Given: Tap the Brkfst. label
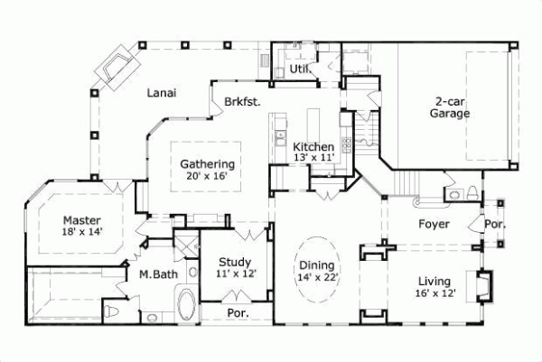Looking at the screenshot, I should click(243, 102).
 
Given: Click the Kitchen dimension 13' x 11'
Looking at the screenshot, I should click(314, 158).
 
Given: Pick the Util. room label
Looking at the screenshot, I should click(301, 70).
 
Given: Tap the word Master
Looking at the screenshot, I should click(81, 219).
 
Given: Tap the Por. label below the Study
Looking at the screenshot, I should click(236, 314).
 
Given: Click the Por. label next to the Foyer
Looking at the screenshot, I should click(494, 224).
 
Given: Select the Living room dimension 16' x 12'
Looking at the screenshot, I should click(435, 293).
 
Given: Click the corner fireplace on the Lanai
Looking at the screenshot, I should click(119, 66).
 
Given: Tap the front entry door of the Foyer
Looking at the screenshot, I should click(476, 224).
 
